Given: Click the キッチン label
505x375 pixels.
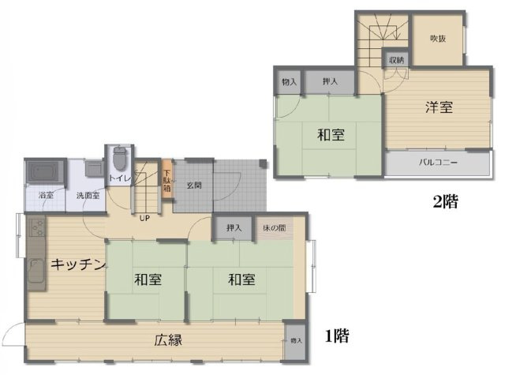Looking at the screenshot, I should click(x=78, y=265).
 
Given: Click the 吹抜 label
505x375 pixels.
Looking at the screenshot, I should click(x=439, y=39).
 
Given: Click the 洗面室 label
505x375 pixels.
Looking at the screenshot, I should click(x=88, y=195).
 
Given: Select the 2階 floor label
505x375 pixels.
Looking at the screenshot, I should click(x=445, y=201).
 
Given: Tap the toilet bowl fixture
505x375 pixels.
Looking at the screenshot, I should click(x=119, y=159).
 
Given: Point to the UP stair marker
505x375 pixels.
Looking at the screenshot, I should click(x=145, y=218).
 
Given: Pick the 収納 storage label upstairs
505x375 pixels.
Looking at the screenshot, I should click(x=396, y=60).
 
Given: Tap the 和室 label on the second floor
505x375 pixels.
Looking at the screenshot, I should click(x=331, y=134).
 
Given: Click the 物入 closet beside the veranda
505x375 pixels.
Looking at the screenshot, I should click(x=296, y=340).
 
